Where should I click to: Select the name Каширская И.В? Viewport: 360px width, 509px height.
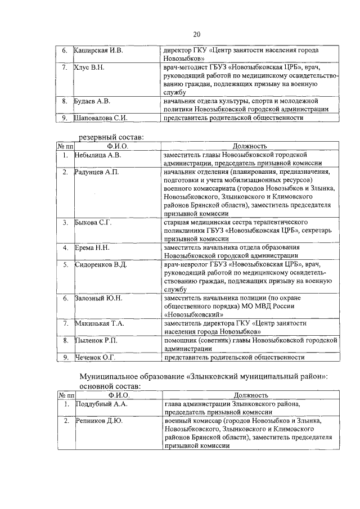[x=98, y=50]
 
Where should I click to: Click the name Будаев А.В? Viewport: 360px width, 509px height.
[x=93, y=101]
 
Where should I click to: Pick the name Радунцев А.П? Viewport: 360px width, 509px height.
[x=97, y=172]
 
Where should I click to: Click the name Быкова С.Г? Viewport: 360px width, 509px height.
[x=93, y=222]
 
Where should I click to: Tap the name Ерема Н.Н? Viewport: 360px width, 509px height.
[x=92, y=247]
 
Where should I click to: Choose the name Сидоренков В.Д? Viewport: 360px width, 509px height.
[x=101, y=264]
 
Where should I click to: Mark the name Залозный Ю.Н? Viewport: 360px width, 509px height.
[x=98, y=298]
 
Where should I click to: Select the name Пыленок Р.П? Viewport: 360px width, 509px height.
[x=96, y=340]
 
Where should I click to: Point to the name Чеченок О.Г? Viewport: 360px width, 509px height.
[x=95, y=357]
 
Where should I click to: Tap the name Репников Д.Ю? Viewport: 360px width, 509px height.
[x=98, y=421]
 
